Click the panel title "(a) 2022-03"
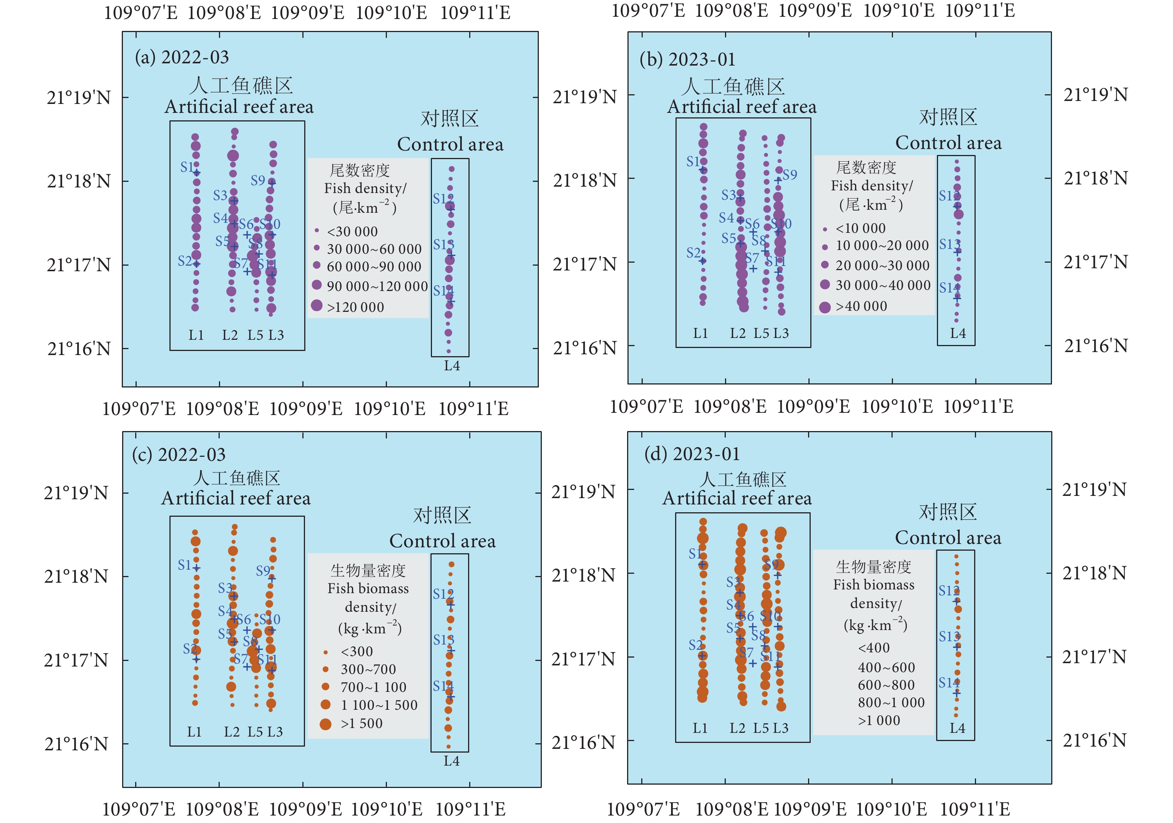tap(182, 57)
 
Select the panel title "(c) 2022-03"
tap(179, 455)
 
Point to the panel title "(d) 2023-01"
tap(692, 453)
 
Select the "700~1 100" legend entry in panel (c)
tap(373, 687)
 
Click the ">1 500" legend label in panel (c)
tap(361, 723)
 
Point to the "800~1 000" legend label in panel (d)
tap(891, 702)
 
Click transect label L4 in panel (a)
tap(452, 365)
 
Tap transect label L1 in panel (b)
tap(700, 333)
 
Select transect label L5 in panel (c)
tap(255, 731)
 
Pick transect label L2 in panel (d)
tap(737, 728)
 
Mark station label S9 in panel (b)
tap(789, 175)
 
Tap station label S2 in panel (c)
tap(190, 649)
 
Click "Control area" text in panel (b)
tap(948, 143)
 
